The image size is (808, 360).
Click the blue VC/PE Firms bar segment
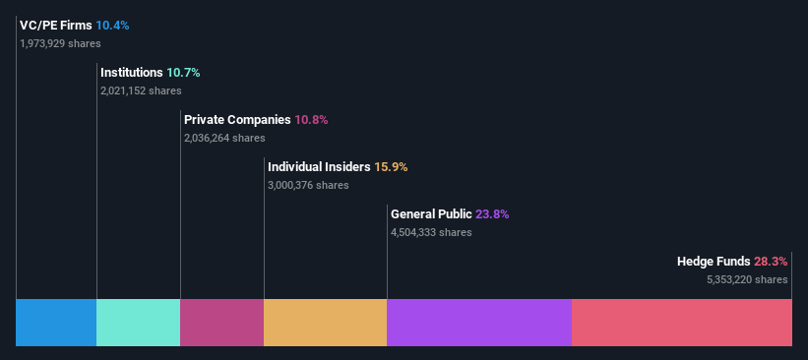point(56,322)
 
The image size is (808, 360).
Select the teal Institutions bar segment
point(138,322)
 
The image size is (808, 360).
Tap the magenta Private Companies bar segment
point(221,322)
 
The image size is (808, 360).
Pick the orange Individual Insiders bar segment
point(325,322)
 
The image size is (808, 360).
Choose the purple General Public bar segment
point(479,322)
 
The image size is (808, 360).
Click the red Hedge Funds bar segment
point(681,322)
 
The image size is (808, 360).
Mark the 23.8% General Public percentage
point(491,214)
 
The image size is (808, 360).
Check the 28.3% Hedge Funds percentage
point(771,262)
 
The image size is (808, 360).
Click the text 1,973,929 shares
point(60,43)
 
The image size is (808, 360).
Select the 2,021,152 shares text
point(141,90)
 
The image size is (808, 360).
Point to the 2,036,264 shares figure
point(224,138)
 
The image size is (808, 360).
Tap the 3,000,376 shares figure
point(308,185)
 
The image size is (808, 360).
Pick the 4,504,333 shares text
point(431,232)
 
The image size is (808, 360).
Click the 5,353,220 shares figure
point(747,279)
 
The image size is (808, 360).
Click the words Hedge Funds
point(714,262)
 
